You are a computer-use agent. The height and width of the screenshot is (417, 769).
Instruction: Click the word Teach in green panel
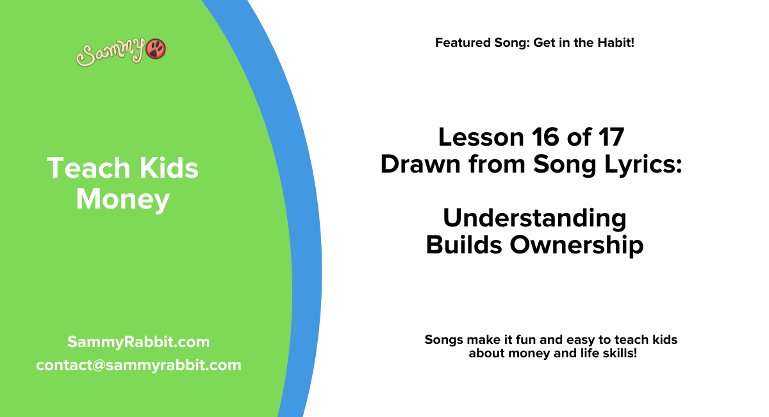79,168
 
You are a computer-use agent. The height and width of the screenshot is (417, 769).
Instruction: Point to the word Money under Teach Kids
122,200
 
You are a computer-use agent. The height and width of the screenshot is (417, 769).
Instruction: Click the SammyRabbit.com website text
138,341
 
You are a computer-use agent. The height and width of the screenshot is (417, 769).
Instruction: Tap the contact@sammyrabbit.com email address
138,365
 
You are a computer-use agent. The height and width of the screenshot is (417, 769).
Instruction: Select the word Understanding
534,218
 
